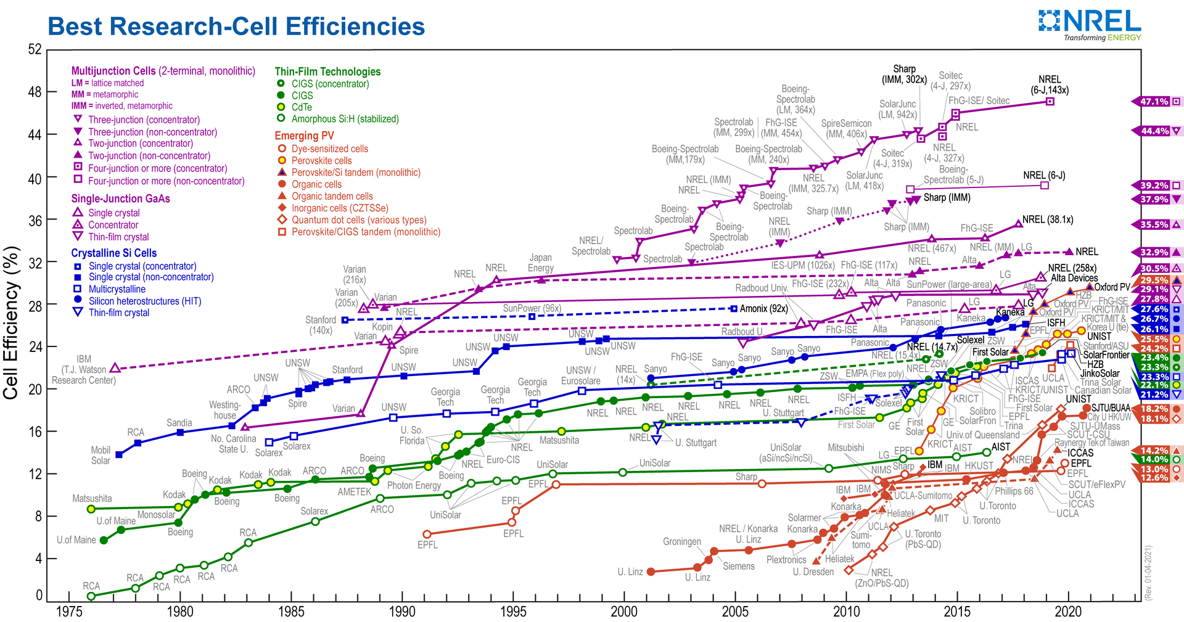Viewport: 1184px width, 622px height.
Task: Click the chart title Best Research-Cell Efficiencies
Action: coord(236,27)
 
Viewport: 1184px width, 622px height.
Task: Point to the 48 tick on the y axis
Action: coord(35,92)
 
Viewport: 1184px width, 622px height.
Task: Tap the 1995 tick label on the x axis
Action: coord(513,611)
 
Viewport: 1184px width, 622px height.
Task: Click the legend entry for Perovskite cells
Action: coord(321,161)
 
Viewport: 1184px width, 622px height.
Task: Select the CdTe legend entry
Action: coord(302,107)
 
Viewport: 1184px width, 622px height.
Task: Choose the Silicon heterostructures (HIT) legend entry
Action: coord(144,301)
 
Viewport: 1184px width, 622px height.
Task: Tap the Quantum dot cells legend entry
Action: coord(358,220)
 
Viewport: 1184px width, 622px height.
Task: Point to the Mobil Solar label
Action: coord(101,456)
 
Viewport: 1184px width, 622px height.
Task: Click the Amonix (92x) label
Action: coord(763,308)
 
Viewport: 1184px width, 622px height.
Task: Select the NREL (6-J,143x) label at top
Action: coord(1049,84)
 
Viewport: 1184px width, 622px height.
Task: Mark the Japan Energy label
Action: coord(540,263)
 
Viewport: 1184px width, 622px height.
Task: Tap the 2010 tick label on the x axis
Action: coord(846,611)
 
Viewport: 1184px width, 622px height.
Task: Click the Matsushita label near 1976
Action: coord(92,498)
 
